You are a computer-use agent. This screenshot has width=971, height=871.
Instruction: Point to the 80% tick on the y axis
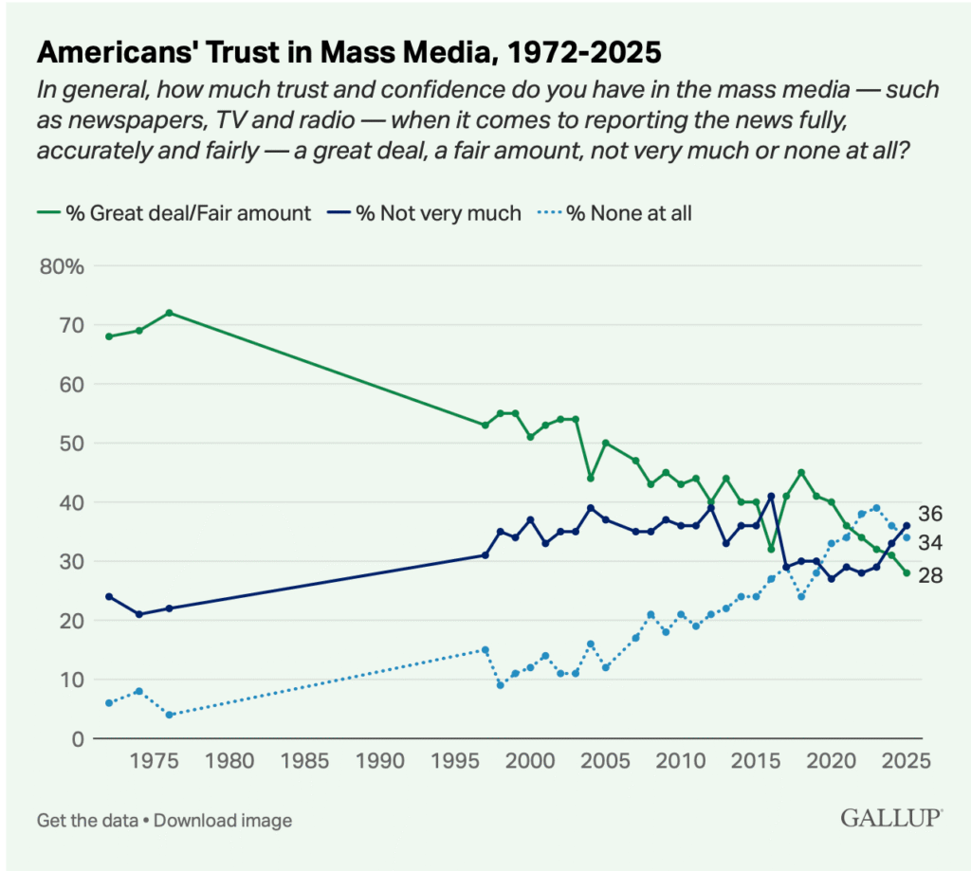tap(63, 266)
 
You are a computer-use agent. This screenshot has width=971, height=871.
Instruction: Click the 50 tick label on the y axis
tap(72, 444)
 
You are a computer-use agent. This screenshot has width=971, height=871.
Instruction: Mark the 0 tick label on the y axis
tap(79, 738)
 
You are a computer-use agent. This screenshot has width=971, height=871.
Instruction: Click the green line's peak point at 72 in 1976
tap(169, 313)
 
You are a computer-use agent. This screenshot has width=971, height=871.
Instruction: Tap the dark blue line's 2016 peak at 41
tap(771, 496)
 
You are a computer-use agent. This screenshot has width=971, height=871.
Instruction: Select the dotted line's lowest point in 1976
tap(169, 715)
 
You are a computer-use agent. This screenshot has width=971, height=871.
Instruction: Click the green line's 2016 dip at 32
tap(771, 549)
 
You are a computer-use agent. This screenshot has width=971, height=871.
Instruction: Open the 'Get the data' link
tap(89, 821)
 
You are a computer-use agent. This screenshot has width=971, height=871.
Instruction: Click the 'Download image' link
tap(223, 821)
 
